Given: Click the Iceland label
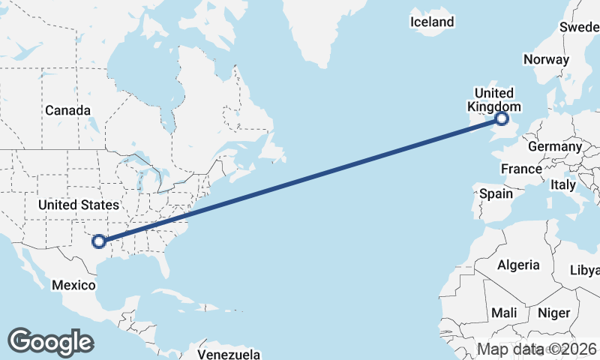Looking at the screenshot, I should (432, 22).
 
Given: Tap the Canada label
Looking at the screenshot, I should (67, 110).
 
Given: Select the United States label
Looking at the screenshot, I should (78, 205).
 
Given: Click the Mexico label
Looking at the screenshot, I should (73, 285).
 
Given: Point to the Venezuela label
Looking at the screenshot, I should (229, 353).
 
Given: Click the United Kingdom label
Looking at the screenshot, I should (495, 100).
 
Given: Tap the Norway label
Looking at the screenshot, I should (547, 59).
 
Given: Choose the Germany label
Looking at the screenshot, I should (555, 146).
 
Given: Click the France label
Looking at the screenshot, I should (521, 169).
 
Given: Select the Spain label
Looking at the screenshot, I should (496, 193).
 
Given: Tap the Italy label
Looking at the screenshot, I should (563, 184).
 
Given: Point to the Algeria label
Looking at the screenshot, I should (517, 265).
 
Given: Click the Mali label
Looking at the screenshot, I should (504, 312).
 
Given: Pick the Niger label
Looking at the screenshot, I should (554, 312).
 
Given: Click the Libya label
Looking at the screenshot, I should (586, 270).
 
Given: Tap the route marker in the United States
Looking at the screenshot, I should (98, 241).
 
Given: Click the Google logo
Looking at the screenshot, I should (50, 342).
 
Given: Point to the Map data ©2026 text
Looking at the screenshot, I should (537, 349).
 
